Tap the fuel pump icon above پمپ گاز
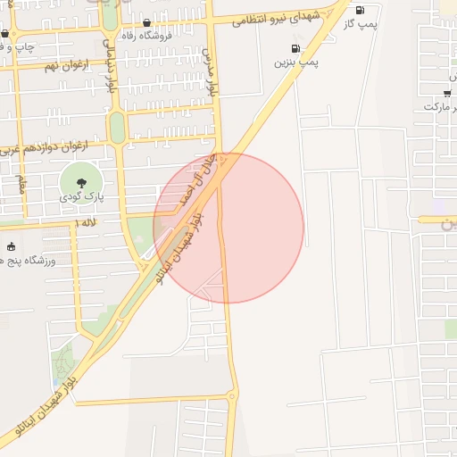tap(360, 10)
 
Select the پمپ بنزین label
tap(295, 62)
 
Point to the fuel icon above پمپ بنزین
tap(294, 48)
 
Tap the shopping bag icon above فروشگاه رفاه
tap(146, 23)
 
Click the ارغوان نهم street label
tap(63, 65)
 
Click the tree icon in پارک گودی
tap(81, 182)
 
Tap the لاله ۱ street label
tap(86, 221)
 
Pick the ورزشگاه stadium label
tap(32, 260)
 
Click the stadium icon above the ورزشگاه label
tap(11, 246)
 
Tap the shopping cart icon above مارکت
tap(447, 92)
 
